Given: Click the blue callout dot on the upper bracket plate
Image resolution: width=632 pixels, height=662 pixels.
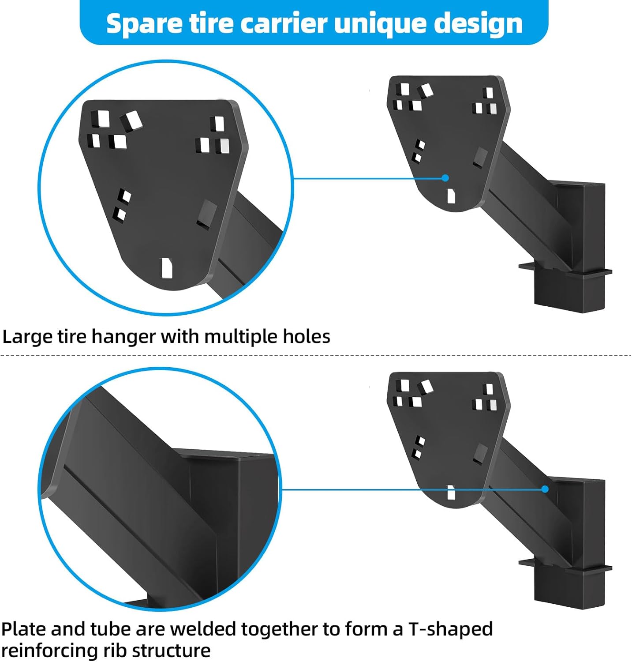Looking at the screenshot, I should point(445,178).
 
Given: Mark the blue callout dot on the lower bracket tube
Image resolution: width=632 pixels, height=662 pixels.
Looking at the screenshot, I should point(545,489).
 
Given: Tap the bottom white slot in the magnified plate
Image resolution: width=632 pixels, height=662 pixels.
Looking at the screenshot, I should point(167,268).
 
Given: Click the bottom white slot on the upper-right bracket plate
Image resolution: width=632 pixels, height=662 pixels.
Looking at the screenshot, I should point(451,196).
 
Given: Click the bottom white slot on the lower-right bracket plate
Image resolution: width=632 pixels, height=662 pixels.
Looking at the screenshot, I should point(451,493).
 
